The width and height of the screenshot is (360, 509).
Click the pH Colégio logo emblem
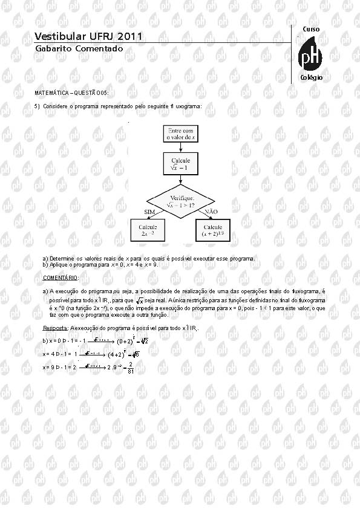tap(311, 56)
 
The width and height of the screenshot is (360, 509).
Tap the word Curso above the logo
tap(311, 29)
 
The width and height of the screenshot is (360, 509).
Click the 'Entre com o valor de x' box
tap(181, 134)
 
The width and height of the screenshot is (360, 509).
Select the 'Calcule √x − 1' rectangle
tap(181, 164)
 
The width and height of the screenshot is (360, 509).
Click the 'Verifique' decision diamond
tap(181, 202)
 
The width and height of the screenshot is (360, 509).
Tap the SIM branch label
tap(150, 212)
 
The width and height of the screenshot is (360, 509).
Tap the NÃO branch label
tap(211, 212)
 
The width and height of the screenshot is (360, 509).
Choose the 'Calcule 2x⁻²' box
tap(148, 230)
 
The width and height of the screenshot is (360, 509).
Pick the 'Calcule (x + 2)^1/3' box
tap(213, 230)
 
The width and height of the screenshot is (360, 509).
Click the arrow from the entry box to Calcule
tap(181, 148)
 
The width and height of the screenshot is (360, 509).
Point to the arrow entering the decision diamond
tap(181, 180)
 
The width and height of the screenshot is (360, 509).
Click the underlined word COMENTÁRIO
tap(61, 277)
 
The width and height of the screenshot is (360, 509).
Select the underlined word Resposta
tap(55, 328)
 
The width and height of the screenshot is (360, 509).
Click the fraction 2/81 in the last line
tap(129, 367)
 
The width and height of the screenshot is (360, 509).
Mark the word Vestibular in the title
tap(61, 37)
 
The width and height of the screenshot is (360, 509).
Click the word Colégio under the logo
tap(311, 78)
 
